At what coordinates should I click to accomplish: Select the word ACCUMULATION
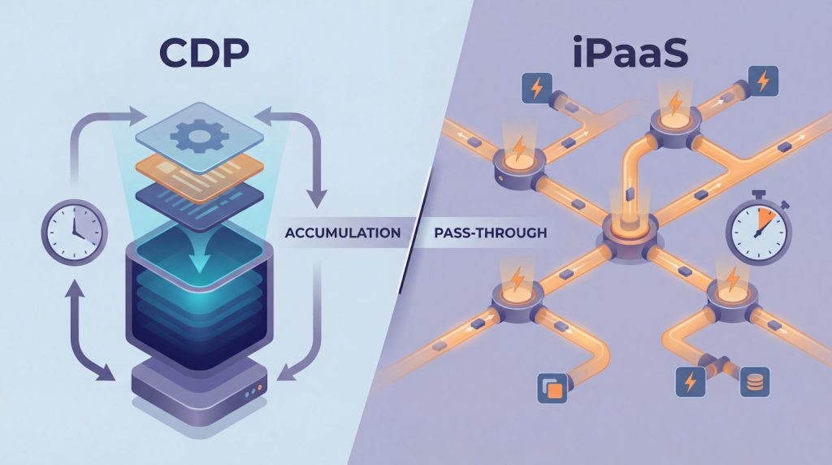pos(343,232)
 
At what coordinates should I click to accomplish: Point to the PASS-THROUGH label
pos(490,232)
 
